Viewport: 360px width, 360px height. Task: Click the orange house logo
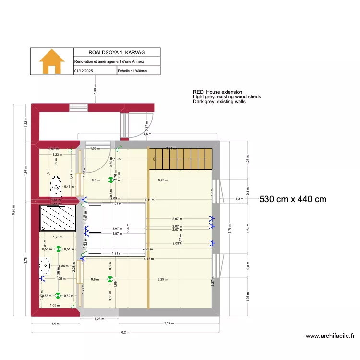pyautogui.click(x=52, y=61)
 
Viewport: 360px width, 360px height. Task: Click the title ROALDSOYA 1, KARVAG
pyautogui.click(x=117, y=52)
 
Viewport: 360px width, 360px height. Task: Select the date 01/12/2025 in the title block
pyautogui.click(x=84, y=71)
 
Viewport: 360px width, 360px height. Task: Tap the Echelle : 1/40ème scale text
pyautogui.click(x=132, y=71)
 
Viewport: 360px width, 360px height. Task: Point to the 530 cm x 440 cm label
pyautogui.click(x=293, y=199)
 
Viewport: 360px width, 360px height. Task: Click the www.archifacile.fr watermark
pyautogui.click(x=330, y=336)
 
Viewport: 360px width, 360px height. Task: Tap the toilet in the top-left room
pyautogui.click(x=56, y=183)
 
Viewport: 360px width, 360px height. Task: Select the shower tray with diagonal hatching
pyautogui.click(x=57, y=218)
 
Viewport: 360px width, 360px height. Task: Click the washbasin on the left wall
pyautogui.click(x=45, y=263)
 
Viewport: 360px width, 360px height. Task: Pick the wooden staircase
pyautogui.click(x=180, y=159)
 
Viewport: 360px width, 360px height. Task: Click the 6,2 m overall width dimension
pyautogui.click(x=125, y=332)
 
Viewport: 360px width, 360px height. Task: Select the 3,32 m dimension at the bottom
pyautogui.click(x=168, y=324)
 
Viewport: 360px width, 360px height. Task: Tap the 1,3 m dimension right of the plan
pyautogui.click(x=239, y=199)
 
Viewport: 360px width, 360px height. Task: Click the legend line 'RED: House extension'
pyautogui.click(x=217, y=92)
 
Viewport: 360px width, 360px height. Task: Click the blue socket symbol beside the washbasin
pyautogui.click(x=42, y=277)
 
